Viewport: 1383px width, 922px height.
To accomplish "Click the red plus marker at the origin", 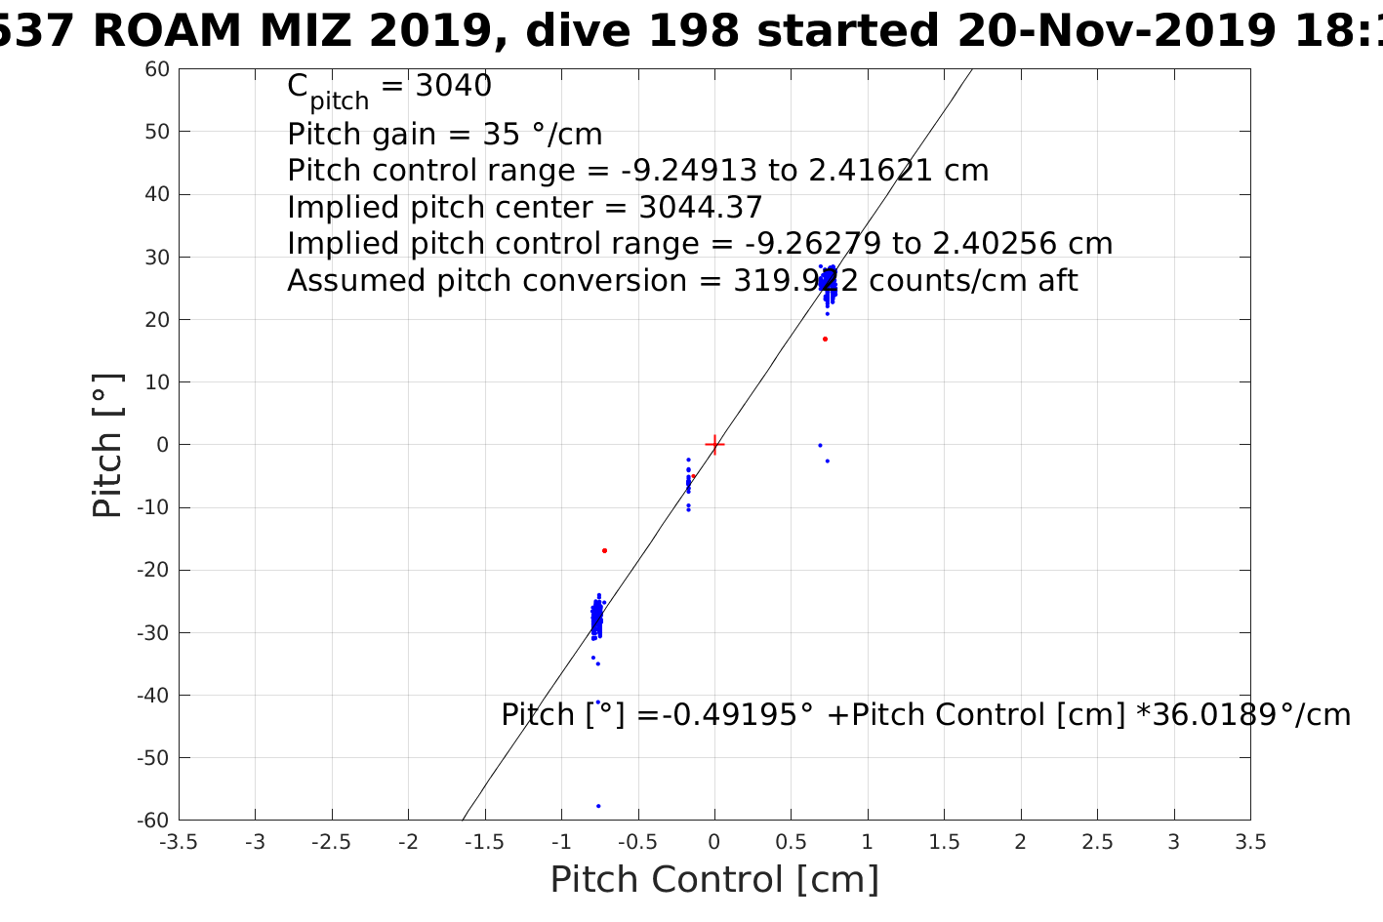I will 714,445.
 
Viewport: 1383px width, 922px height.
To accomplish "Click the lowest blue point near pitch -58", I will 598,806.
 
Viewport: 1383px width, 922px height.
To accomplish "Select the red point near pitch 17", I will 825,339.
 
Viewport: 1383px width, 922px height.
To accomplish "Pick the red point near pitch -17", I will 604,550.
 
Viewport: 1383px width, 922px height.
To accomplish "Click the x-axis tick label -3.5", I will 179,842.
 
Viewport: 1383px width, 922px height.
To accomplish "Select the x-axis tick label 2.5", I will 1097,842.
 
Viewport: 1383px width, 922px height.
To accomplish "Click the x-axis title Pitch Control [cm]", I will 714,880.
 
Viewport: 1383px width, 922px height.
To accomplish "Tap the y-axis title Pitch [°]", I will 107,445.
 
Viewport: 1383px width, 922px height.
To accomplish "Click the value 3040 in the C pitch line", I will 453,87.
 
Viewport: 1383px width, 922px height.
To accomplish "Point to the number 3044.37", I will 701,208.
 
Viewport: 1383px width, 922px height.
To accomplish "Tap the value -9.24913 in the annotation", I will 688,171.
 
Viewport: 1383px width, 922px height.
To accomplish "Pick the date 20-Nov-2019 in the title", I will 1115,31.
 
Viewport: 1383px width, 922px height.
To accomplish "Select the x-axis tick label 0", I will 714,842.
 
